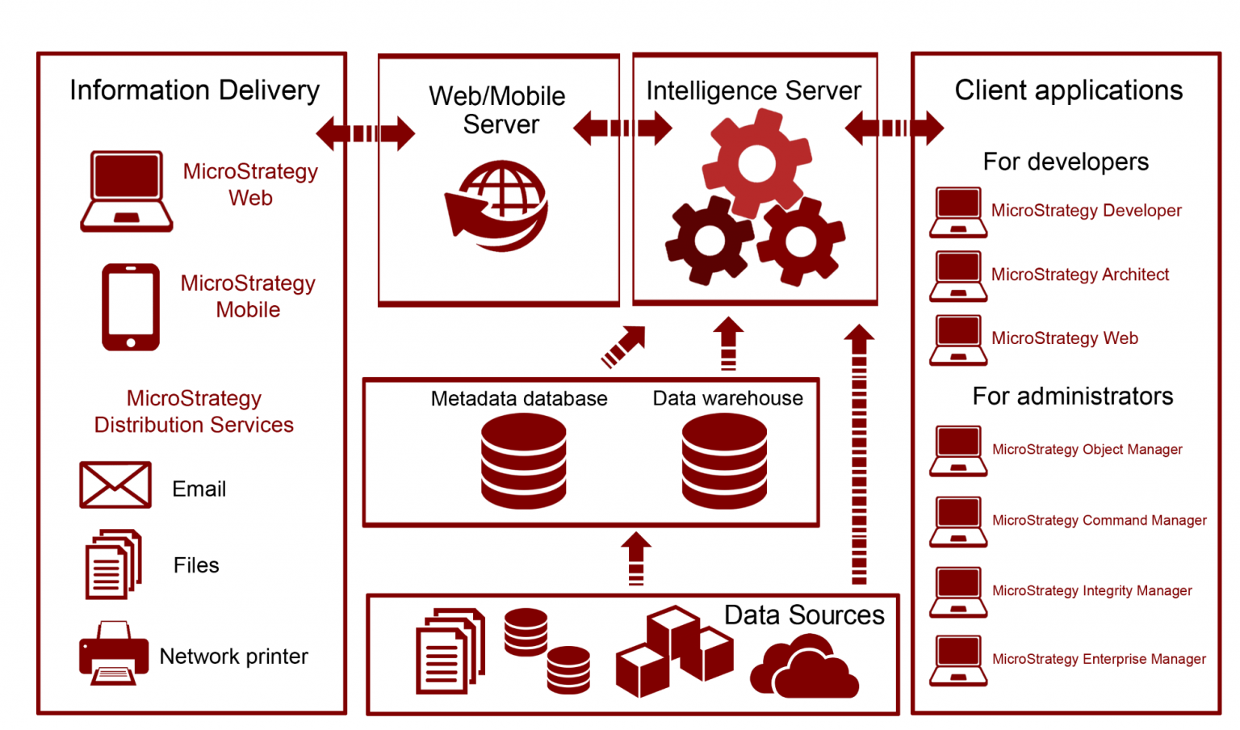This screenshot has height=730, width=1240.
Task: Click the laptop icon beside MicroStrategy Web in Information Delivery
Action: (x=126, y=191)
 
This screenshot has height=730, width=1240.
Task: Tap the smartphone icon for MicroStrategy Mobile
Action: (x=131, y=307)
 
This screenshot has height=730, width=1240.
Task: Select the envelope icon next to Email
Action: (x=115, y=485)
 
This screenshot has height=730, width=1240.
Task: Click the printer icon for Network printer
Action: (x=114, y=653)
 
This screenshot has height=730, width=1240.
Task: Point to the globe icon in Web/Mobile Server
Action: (x=497, y=206)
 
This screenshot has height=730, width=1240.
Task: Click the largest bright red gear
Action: (x=756, y=163)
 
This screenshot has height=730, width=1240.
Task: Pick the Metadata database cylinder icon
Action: (x=523, y=461)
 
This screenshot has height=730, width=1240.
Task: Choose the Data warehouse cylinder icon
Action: (x=724, y=461)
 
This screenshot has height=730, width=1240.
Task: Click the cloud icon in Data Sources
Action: (x=804, y=667)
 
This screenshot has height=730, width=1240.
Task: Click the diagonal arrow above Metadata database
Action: (x=623, y=346)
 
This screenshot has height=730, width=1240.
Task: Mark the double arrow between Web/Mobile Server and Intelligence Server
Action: (x=622, y=128)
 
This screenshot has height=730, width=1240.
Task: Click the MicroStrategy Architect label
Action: (x=1079, y=275)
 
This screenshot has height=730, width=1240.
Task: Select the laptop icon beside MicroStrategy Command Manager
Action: (x=958, y=521)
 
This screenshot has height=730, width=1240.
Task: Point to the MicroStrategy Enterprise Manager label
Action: (x=1099, y=659)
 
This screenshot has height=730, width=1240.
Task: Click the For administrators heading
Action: (x=1072, y=396)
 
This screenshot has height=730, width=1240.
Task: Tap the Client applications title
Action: (x=1068, y=90)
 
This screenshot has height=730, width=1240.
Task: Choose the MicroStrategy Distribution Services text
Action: (x=194, y=412)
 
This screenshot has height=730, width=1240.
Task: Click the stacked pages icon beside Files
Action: (x=113, y=564)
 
